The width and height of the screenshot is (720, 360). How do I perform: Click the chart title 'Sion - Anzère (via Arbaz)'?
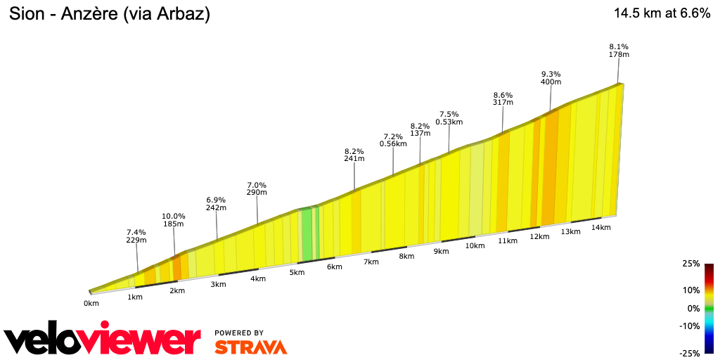109,13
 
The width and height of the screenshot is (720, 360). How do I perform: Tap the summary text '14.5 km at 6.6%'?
662,13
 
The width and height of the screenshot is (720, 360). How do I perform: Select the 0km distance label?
91,303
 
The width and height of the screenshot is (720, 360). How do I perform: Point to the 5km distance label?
297,272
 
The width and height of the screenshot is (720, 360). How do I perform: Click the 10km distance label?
475,245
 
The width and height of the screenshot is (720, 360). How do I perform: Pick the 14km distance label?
600,227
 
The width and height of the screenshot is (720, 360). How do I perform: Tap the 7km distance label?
371,262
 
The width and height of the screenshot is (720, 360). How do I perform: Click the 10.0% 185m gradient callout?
174,220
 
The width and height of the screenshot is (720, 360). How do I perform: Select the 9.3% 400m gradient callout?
551,78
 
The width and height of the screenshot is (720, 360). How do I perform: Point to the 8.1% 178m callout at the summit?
619,51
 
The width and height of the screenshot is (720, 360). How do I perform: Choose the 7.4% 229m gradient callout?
136,236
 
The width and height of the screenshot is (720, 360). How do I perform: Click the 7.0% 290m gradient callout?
257,188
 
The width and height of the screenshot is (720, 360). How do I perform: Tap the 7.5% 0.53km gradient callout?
449,118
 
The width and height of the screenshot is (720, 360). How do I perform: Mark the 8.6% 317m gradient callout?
503,98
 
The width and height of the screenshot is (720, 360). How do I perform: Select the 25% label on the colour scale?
691,264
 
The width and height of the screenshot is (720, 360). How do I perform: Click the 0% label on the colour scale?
693,308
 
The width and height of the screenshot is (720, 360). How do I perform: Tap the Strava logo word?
250,347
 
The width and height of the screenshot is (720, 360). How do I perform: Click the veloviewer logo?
103,340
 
